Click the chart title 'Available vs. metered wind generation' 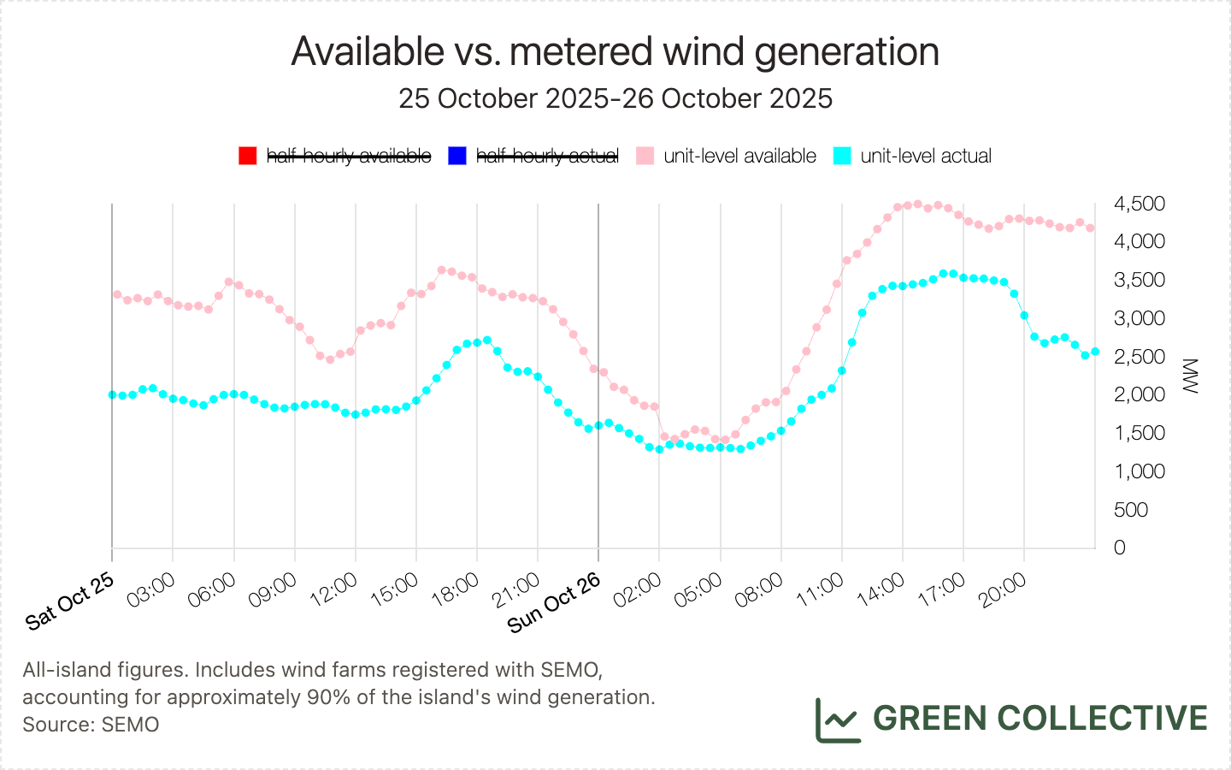(615, 51)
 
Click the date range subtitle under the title (615, 98)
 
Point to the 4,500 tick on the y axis (1140, 204)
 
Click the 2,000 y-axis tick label (1140, 394)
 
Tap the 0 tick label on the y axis (1120, 548)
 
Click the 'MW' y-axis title (1190, 376)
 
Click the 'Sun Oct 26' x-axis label (554, 603)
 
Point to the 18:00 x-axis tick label (456, 590)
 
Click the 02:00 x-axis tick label (638, 590)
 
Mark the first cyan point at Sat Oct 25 (112, 394)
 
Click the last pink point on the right (1090, 228)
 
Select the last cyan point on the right (1095, 352)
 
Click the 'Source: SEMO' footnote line (91, 725)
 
